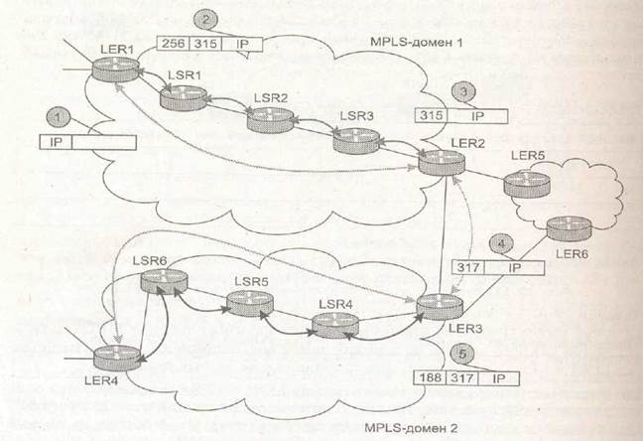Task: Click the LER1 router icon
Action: tap(115, 69)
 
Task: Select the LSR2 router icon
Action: tap(270, 120)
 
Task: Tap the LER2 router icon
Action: tap(442, 162)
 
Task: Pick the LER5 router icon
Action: tap(527, 185)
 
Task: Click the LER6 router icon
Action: tap(570, 229)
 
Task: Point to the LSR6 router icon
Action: tap(164, 282)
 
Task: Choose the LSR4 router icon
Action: tap(335, 326)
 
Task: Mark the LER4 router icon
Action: tap(117, 358)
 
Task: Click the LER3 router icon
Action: tap(440, 307)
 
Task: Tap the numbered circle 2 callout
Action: tap(205, 20)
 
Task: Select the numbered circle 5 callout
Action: tap(462, 354)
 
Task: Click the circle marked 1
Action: tap(59, 117)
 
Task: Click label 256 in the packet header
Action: tap(173, 44)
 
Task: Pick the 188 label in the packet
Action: tap(431, 377)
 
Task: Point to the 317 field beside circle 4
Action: tap(468, 268)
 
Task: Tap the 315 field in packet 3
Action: tap(432, 116)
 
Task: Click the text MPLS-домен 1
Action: tap(416, 42)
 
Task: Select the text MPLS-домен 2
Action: tap(411, 427)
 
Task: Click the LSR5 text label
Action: tap(251, 282)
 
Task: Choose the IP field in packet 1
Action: tap(56, 142)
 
